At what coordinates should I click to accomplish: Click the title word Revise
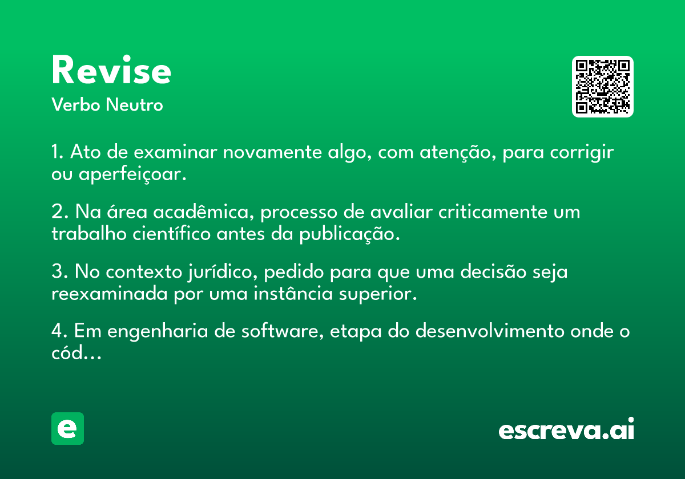pos(111,70)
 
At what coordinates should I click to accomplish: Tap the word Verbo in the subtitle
pos(76,104)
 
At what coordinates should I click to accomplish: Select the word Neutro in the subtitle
pos(134,104)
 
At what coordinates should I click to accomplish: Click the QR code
pos(602,87)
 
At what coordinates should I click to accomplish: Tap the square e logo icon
pos(67,428)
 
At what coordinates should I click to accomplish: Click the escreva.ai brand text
pos(566,429)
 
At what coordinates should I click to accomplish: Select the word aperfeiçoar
pos(132,174)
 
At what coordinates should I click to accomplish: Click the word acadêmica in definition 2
pos(203,212)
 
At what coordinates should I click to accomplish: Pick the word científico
pos(172,234)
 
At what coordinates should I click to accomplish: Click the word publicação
pos(349,234)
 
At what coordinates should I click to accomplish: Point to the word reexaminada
pos(110,294)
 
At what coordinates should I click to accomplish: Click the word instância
pos(293,293)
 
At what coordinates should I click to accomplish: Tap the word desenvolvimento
pos(490,331)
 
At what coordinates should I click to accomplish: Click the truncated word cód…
pos(76,352)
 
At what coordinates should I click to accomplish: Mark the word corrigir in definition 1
pos(582,152)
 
